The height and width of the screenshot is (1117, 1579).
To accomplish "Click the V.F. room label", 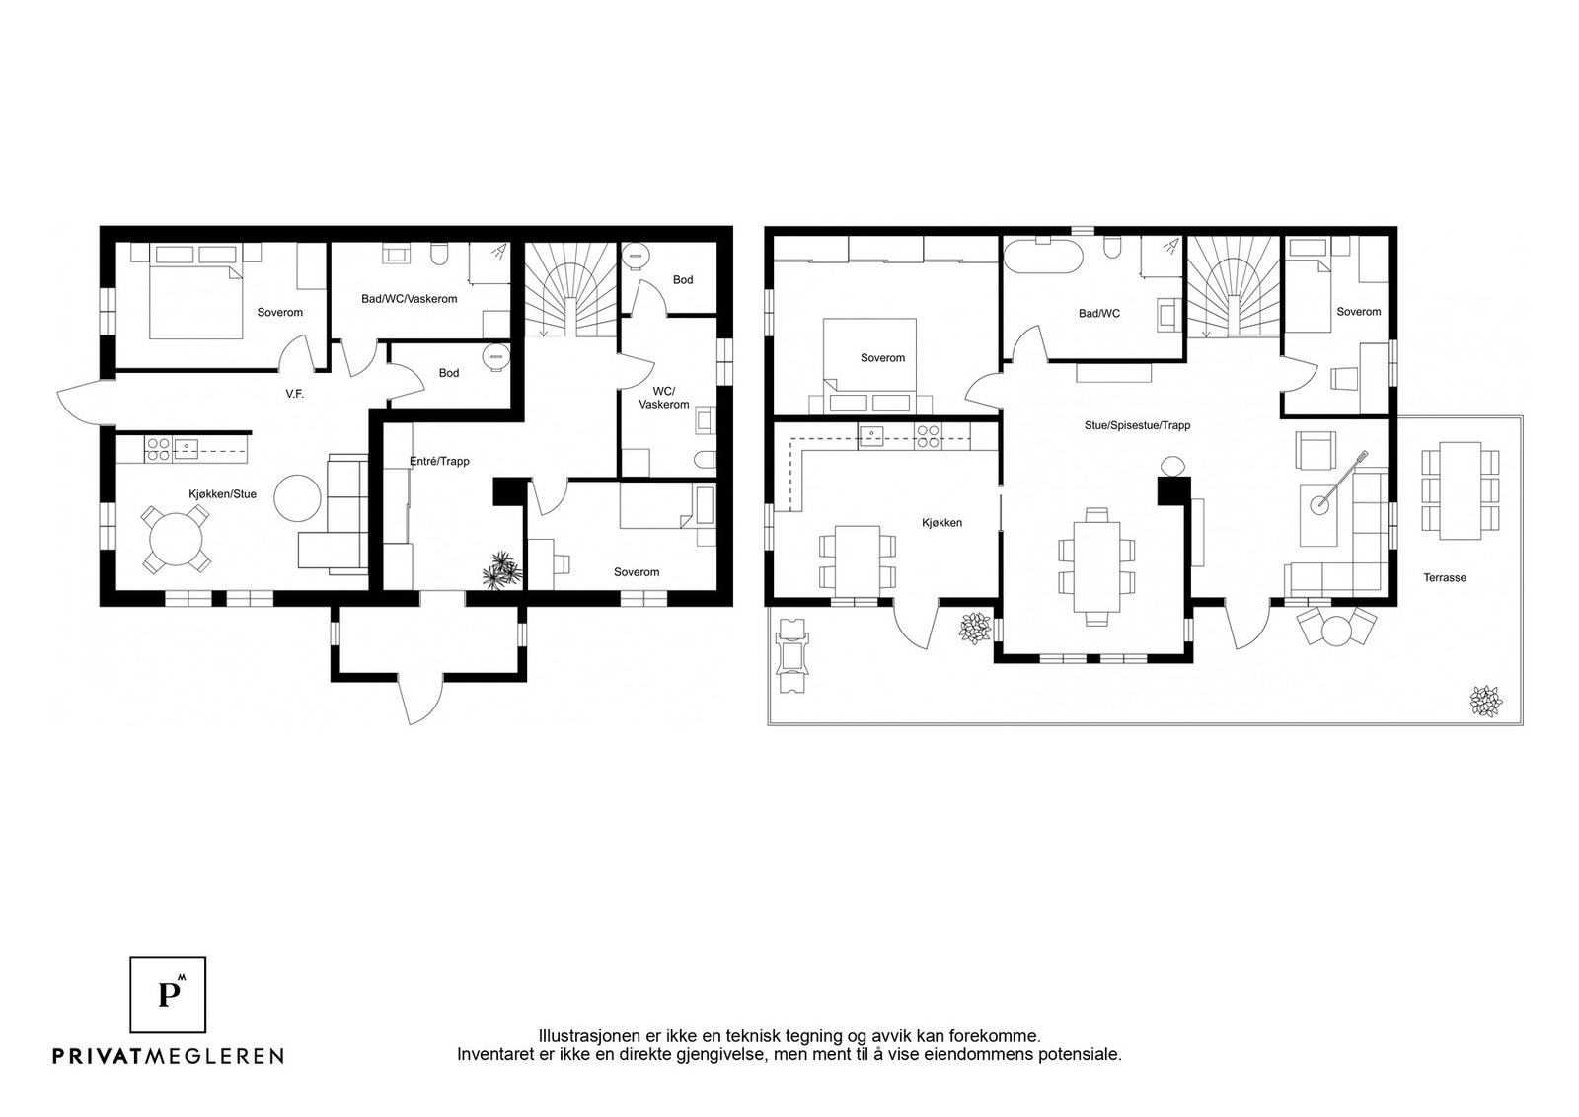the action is [x=295, y=394].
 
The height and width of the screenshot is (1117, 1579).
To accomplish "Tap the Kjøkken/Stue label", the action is [x=222, y=494].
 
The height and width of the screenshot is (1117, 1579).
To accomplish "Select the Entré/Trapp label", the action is [x=439, y=461].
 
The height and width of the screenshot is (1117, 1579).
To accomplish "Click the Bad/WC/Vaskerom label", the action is [x=409, y=299].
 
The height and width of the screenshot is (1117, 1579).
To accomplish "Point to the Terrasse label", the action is [x=1445, y=578].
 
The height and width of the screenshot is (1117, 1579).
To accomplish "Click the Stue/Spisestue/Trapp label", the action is [x=1137, y=425].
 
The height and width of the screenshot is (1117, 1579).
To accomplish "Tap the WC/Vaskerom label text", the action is [x=664, y=399].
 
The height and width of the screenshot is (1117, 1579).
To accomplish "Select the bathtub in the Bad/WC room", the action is [x=1042, y=257].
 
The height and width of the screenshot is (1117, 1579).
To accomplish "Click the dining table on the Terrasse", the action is [x=1460, y=490].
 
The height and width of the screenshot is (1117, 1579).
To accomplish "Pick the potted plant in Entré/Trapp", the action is [x=502, y=570].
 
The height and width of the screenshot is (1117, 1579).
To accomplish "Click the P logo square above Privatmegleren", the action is [x=168, y=995].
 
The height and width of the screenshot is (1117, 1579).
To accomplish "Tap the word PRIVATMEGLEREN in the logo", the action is [x=169, y=1055].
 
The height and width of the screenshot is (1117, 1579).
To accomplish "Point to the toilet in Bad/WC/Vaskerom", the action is [x=440, y=255].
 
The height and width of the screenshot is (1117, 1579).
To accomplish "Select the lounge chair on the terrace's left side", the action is [x=792, y=656].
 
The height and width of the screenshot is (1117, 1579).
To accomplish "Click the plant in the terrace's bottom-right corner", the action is [x=1486, y=702].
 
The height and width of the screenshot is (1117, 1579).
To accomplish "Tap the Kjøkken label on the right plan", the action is [x=941, y=523].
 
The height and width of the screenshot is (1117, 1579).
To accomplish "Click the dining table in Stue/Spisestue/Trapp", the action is [x=1096, y=566].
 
